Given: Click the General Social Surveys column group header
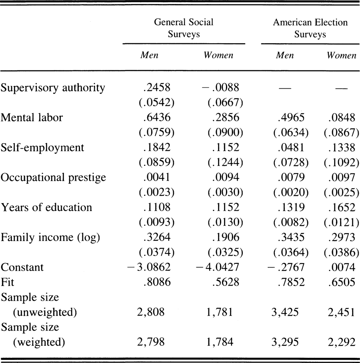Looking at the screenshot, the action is pyautogui.click(x=184, y=28).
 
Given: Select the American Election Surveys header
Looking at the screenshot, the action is pyautogui.click(x=310, y=28).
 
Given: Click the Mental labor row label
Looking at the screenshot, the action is pyautogui.click(x=32, y=117).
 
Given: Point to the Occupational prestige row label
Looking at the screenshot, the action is pyautogui.click(x=53, y=178).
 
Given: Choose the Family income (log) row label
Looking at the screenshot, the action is pyautogui.click(x=50, y=237).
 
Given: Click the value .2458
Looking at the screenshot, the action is pyautogui.click(x=157, y=87).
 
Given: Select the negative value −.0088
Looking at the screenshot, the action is pyautogui.click(x=220, y=87).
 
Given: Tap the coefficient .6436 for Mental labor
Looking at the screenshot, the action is pyautogui.click(x=157, y=117).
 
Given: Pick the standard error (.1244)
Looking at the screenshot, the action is pyautogui.click(x=225, y=162).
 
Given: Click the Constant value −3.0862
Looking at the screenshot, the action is pyautogui.click(x=149, y=267).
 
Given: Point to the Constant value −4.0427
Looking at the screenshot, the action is pyautogui.click(x=217, y=267).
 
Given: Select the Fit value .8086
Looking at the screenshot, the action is pyautogui.click(x=157, y=282).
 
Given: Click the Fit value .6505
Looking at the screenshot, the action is pyautogui.click(x=342, y=282).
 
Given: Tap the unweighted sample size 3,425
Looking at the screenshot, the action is pyautogui.click(x=285, y=312).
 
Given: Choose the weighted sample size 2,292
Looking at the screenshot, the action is pyautogui.click(x=342, y=342).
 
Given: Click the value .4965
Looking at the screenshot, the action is pyautogui.click(x=291, y=118).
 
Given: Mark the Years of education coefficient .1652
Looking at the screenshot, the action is pyautogui.click(x=342, y=207).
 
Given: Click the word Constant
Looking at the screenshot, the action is pyautogui.click(x=22, y=267).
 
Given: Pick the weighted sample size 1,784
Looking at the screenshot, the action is pyautogui.click(x=220, y=342).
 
